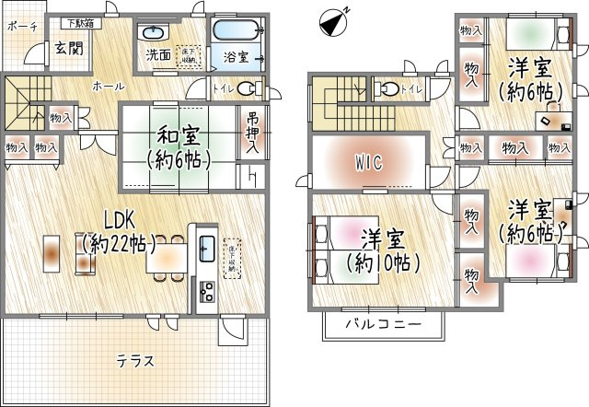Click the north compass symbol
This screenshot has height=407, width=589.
pyautogui.click(x=336, y=18)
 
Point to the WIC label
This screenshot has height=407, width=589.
pyautogui.click(x=368, y=162)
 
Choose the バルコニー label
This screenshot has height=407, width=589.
pyautogui.click(x=383, y=326)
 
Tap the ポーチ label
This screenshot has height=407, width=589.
pyautogui.click(x=21, y=26)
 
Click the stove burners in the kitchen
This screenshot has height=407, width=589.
pyautogui.click(x=206, y=292)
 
